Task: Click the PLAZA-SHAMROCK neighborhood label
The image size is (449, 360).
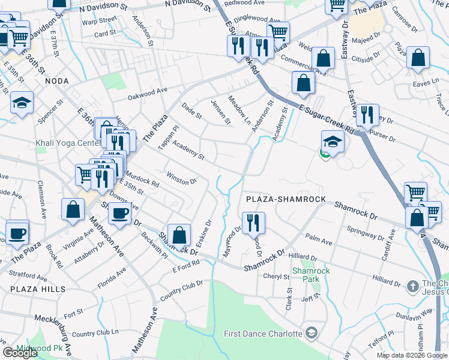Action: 285,199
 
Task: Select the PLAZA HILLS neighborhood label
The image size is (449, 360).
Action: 29,289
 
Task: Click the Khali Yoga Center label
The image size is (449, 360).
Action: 68,144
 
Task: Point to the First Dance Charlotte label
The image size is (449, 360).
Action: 263,334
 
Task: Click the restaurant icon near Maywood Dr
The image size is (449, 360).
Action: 253,221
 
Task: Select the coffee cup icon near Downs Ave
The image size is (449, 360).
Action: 120,212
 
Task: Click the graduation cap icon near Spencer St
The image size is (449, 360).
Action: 22,103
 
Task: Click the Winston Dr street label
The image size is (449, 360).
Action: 182,179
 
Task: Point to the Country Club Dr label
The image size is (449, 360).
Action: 179,292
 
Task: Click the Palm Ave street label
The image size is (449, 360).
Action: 319,241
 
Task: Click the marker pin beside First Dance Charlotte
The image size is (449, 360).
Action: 312,332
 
